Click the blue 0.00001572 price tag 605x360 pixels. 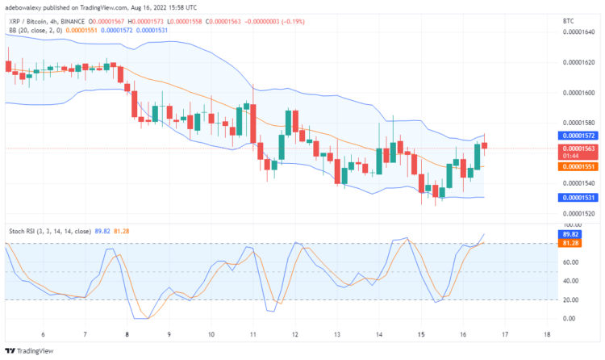pyautogui.click(x=578, y=136)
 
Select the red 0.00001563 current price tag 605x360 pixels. pyautogui.click(x=578, y=149)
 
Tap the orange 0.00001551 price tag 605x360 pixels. pyautogui.click(x=578, y=166)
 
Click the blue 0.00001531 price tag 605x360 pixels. pyautogui.click(x=578, y=197)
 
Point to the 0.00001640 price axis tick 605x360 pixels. pyautogui.click(x=578, y=31)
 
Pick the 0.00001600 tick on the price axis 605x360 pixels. pyautogui.click(x=578, y=92)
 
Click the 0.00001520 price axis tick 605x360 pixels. pyautogui.click(x=578, y=214)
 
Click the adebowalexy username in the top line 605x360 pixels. pyautogui.click(x=25, y=6)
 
